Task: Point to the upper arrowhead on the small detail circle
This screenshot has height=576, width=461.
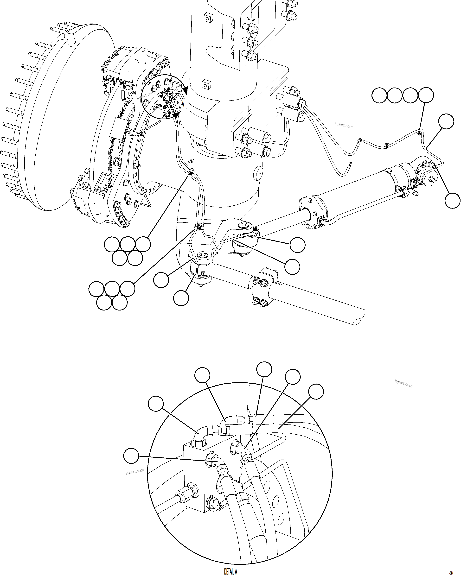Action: [x=185, y=91]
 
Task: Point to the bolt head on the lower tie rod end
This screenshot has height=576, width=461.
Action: [x=201, y=254]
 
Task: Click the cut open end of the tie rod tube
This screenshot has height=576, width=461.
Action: [x=359, y=319]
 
